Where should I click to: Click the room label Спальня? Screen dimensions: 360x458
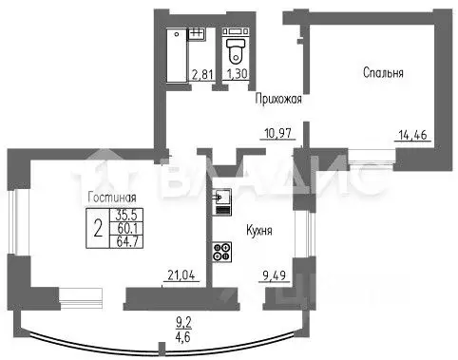(384, 72)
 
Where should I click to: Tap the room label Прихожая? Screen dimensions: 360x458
(277, 98)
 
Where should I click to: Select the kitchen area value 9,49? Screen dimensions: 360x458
(276, 277)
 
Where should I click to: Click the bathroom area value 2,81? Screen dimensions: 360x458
(201, 74)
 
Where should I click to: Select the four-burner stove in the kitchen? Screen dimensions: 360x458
(222, 253)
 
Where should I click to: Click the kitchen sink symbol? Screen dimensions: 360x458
(220, 199)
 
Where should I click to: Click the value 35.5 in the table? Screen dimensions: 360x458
(126, 215)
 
